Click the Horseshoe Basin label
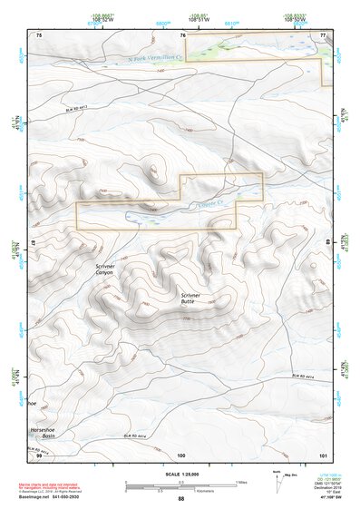coord(43,433)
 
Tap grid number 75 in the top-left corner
coord(39,34)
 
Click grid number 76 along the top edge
coord(183,34)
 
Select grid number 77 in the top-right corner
coord(322,34)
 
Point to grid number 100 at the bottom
coord(181,454)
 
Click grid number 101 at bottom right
coord(322,454)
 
